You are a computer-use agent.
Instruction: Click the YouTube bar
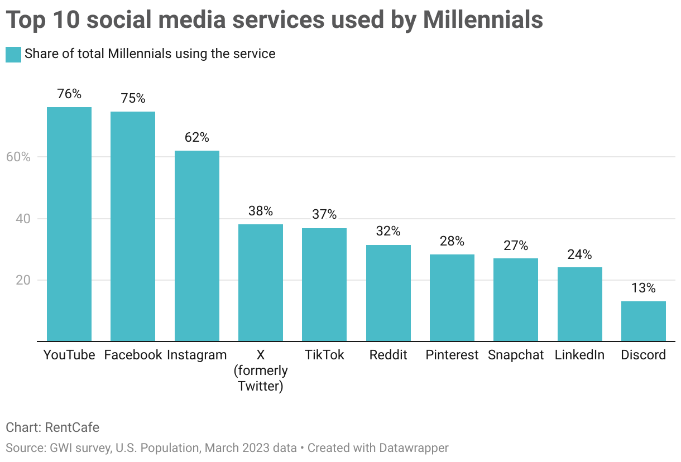tap(69, 223)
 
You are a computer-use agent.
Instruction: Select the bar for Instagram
tap(197, 246)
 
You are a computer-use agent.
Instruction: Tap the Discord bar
tap(644, 321)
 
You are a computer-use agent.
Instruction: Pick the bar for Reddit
tap(389, 293)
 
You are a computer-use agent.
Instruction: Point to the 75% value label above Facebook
tap(133, 99)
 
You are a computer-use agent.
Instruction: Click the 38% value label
tap(261, 211)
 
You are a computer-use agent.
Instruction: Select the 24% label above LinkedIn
tap(579, 254)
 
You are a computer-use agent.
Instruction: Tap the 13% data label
tap(644, 288)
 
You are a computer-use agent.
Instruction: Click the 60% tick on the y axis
tap(18, 157)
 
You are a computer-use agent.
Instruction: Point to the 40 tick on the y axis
tap(22, 219)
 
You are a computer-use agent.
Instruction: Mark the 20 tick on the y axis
tap(22, 280)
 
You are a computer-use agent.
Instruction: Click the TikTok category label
tap(324, 355)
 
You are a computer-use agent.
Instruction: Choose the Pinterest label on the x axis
tap(452, 355)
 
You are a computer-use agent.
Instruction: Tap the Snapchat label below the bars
tap(516, 355)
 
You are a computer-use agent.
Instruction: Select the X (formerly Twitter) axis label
tap(261, 370)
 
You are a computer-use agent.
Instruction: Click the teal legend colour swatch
tap(13, 55)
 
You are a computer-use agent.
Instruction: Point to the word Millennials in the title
tap(483, 20)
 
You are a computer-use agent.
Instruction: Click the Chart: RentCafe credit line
tap(52, 427)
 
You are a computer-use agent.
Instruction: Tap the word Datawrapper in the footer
tap(414, 447)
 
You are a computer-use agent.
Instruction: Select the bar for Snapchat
tap(516, 300)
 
